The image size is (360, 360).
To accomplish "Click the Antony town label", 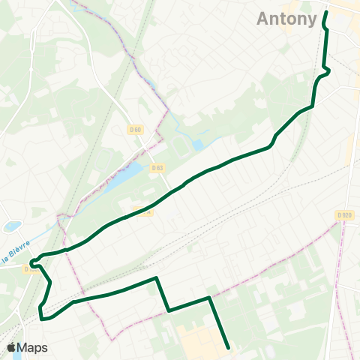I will pyautogui.click(x=287, y=19).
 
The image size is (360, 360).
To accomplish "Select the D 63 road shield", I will pyautogui.click(x=157, y=168).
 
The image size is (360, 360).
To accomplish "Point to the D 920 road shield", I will pyautogui.click(x=344, y=215).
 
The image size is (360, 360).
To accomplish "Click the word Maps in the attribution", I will pyautogui.click(x=33, y=347).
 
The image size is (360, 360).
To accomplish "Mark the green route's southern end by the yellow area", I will pyautogui.click(x=227, y=347).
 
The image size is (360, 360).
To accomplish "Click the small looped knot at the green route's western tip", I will pyautogui.click(x=34, y=264).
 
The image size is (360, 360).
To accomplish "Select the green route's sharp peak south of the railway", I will pyautogui.click(x=156, y=279).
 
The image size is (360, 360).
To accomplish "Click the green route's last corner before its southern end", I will pyautogui.click(x=209, y=298).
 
